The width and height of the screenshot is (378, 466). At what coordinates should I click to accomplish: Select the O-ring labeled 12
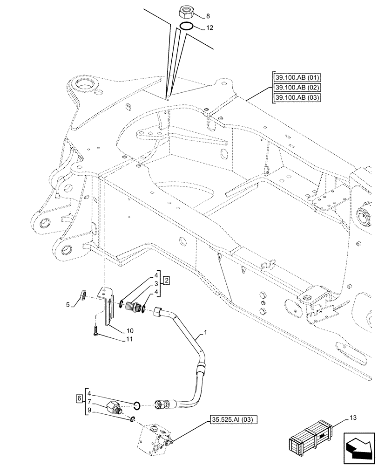pyautogui.click(x=187, y=26)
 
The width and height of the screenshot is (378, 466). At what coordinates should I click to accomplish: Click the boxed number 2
pyautogui.click(x=166, y=281)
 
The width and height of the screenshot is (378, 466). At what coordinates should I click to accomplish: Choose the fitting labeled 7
pyautogui.click(x=114, y=407)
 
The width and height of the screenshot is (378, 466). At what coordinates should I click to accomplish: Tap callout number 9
pyautogui.click(x=89, y=411)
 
